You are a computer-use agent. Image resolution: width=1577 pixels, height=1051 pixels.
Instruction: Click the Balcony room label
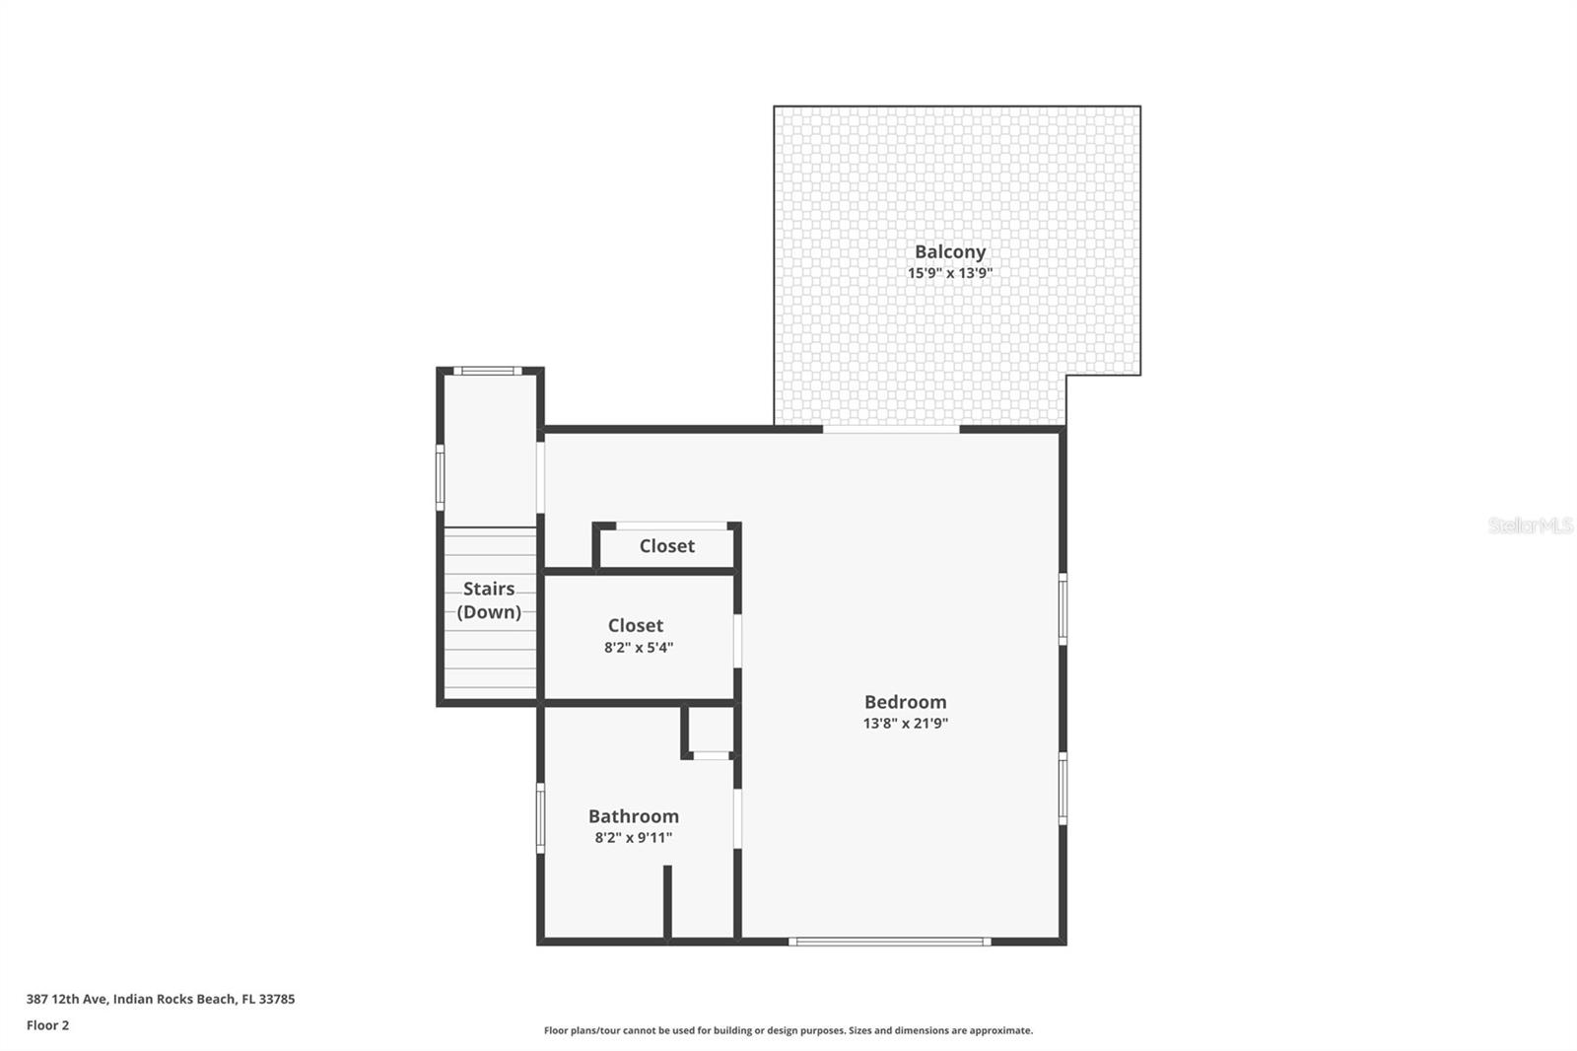(949, 251)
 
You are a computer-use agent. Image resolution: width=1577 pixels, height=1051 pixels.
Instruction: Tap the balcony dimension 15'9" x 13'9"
(949, 273)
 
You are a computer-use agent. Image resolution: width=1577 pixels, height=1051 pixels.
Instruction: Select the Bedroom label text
(905, 702)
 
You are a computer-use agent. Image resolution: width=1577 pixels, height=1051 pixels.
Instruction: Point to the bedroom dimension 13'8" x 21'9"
(905, 724)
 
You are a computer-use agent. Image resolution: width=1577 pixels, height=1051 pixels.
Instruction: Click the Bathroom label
(633, 816)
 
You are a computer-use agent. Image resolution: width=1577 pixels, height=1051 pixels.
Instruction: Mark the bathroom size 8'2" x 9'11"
(633, 838)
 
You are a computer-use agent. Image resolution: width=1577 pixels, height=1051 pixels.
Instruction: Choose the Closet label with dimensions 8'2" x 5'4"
(636, 626)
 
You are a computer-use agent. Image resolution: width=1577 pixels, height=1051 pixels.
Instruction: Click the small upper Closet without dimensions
(666, 546)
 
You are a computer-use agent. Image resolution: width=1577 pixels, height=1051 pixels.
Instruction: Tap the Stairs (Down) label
(489, 599)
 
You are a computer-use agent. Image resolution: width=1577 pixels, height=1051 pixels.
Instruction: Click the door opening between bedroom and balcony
(891, 429)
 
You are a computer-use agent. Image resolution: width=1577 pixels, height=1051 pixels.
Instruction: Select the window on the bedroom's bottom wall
(889, 942)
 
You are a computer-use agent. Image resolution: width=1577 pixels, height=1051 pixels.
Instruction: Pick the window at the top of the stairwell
(488, 372)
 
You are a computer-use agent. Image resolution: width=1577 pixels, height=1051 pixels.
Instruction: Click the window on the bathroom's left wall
(540, 817)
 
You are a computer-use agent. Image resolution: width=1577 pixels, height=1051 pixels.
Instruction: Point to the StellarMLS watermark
(1530, 525)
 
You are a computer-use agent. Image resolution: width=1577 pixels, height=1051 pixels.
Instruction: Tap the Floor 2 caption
(47, 1025)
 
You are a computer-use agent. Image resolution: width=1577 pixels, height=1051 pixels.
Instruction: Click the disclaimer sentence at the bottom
(788, 1030)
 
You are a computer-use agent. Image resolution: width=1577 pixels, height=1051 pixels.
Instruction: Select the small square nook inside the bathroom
(710, 731)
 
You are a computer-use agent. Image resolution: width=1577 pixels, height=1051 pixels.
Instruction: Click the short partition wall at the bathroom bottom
(667, 902)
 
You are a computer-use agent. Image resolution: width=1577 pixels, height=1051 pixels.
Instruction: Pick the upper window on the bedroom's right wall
(1063, 609)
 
